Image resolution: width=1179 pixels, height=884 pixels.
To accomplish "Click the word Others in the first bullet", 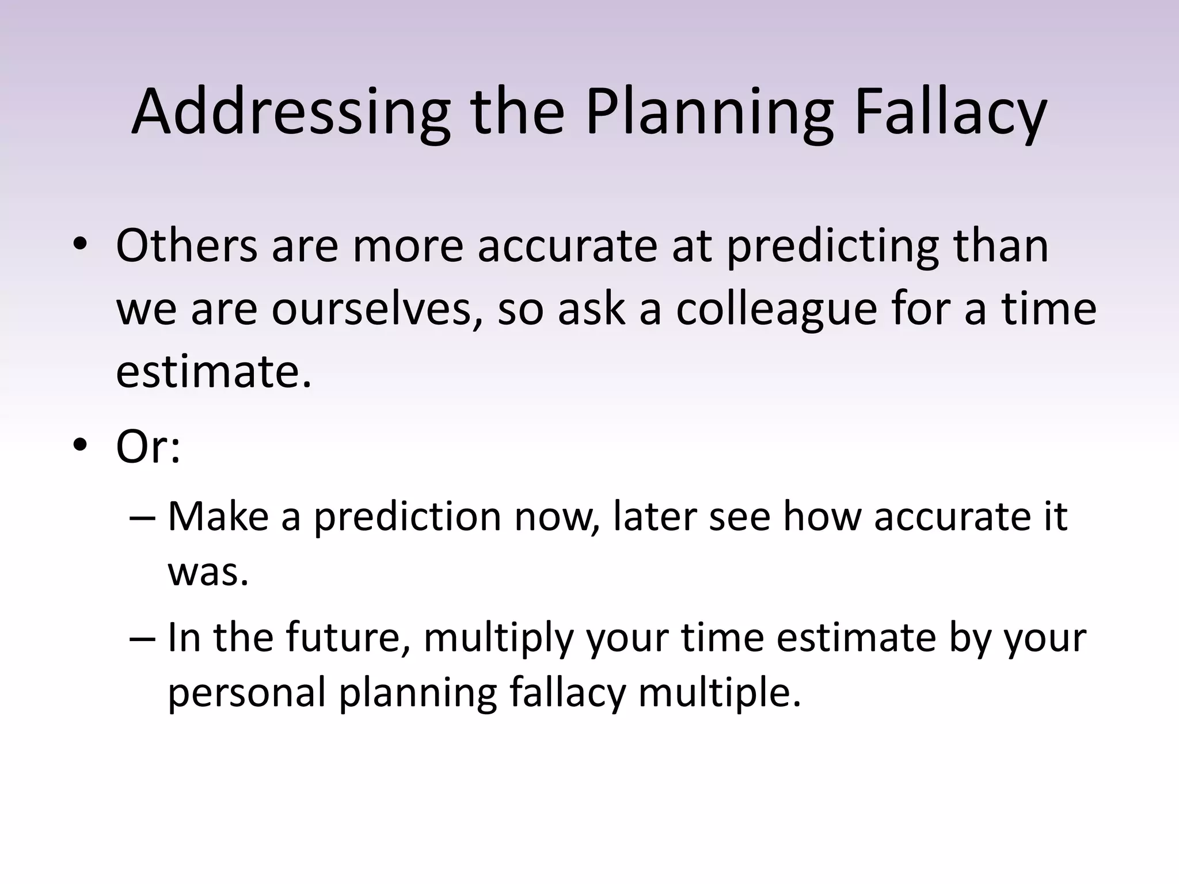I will [187, 246].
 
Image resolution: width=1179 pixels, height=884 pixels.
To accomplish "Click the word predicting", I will [832, 246].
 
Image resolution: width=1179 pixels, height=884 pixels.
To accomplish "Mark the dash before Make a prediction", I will [143, 516].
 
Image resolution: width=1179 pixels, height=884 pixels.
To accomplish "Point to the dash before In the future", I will [143, 638].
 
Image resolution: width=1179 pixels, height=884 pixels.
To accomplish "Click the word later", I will [654, 516].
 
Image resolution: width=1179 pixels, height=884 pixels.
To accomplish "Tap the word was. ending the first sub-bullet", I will [208, 573].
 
